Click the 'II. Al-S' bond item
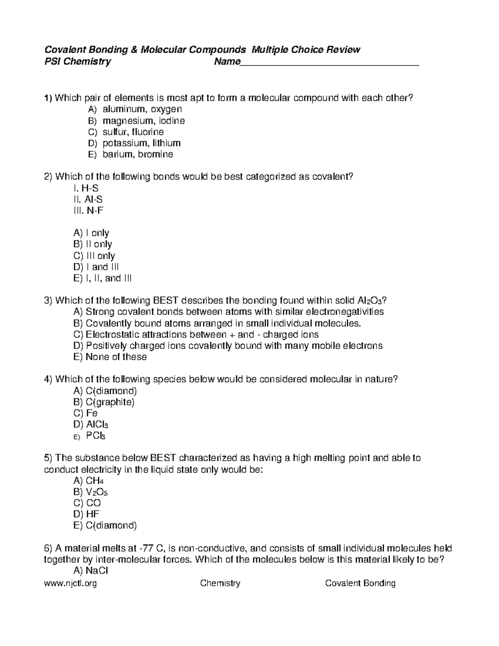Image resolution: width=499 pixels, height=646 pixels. [88, 199]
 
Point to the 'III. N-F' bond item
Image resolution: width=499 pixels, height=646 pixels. [88, 210]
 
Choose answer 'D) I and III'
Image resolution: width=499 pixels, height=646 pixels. [96, 267]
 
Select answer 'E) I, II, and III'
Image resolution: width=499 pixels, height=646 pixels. [102, 278]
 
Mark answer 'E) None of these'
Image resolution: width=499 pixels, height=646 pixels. [110, 357]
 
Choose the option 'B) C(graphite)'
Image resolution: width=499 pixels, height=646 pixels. [104, 402]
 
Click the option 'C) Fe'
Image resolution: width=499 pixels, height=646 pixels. [85, 413]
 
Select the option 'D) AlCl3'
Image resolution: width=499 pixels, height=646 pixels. [91, 425]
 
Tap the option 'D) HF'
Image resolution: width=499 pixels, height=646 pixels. [86, 514]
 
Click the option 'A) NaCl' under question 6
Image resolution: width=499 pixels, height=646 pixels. [90, 570]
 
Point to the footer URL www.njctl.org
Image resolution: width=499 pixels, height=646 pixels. [70, 583]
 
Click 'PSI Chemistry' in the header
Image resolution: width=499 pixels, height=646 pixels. [77, 62]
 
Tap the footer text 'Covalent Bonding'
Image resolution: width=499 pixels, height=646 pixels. [360, 583]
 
